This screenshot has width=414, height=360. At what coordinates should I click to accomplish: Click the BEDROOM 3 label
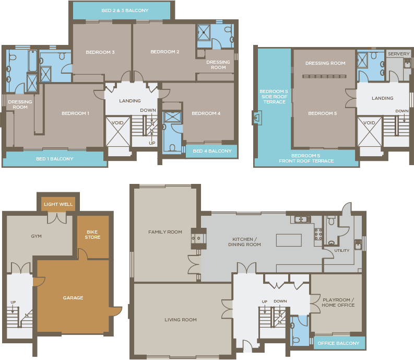[100, 52]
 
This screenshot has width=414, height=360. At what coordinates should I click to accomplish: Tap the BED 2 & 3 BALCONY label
[125, 10]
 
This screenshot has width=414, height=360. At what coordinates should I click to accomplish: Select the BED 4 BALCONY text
[212, 151]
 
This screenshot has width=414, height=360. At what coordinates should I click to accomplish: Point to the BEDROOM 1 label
[75, 113]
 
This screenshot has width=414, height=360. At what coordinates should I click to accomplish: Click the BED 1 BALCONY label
[55, 159]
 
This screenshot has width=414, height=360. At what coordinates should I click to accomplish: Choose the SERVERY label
[399, 54]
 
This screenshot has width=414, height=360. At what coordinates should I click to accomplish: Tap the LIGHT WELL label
[58, 204]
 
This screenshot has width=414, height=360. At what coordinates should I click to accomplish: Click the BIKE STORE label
[92, 235]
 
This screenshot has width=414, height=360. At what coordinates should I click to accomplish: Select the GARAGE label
[73, 298]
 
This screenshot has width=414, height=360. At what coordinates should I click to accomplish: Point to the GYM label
[36, 236]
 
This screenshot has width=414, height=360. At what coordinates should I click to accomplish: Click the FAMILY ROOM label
[165, 232]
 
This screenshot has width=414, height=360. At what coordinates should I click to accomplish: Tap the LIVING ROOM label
[181, 320]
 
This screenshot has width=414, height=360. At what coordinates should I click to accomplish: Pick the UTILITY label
[341, 251]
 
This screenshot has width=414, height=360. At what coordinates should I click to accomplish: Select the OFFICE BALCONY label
[338, 343]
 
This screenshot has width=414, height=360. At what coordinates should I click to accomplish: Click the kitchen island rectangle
[289, 240]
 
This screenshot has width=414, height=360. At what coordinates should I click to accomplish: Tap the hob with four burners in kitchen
[318, 234]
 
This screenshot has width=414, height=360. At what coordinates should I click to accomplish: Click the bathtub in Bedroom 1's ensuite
[33, 61]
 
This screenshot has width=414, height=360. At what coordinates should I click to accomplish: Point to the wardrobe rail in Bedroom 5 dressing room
[324, 76]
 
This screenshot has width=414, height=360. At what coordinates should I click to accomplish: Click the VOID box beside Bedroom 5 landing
[370, 132]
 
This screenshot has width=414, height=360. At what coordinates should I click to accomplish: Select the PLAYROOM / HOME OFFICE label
[338, 303]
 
